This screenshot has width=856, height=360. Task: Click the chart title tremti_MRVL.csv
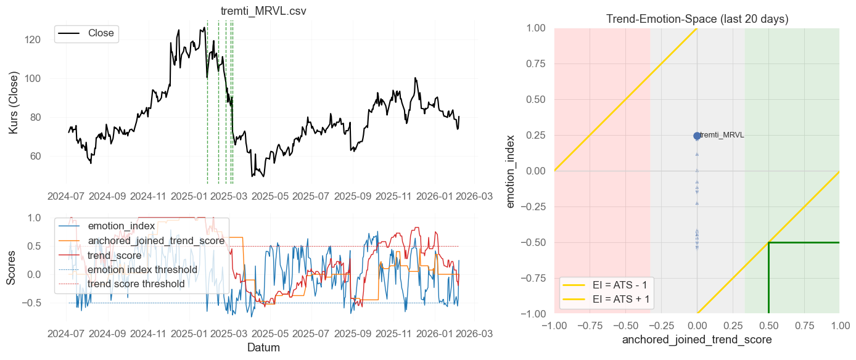263,12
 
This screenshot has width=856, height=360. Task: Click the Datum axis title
263,348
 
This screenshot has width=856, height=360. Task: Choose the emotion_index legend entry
121,226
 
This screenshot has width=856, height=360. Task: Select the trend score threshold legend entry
136,284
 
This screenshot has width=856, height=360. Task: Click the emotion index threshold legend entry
142,269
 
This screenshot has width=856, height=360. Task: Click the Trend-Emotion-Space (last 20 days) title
697,19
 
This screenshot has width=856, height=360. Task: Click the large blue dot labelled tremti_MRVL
697,136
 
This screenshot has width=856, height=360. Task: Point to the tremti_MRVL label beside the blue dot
722,135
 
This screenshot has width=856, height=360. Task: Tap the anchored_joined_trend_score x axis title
697,340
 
